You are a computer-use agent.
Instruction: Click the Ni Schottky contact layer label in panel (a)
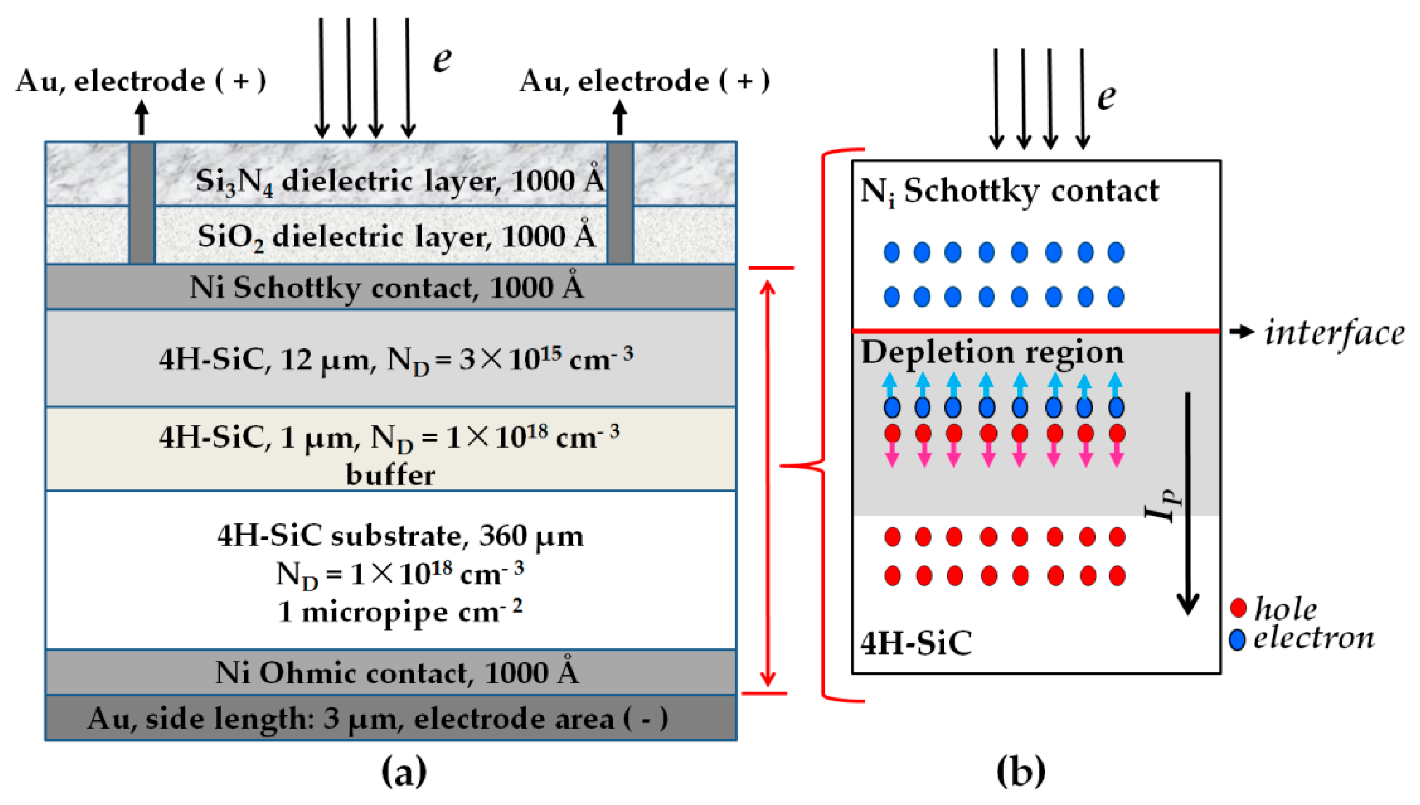386,288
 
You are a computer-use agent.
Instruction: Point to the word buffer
390,475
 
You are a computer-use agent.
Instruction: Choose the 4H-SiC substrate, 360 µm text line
400,536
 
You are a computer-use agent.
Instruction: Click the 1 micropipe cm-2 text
400,611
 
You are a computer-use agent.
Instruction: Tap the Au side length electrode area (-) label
378,719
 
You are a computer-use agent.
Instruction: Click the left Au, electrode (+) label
141,81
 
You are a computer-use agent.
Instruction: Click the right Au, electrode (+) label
644,81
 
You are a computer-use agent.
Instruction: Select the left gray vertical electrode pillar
142,203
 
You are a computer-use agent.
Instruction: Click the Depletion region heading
992,352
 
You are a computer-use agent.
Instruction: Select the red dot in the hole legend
1239,608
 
